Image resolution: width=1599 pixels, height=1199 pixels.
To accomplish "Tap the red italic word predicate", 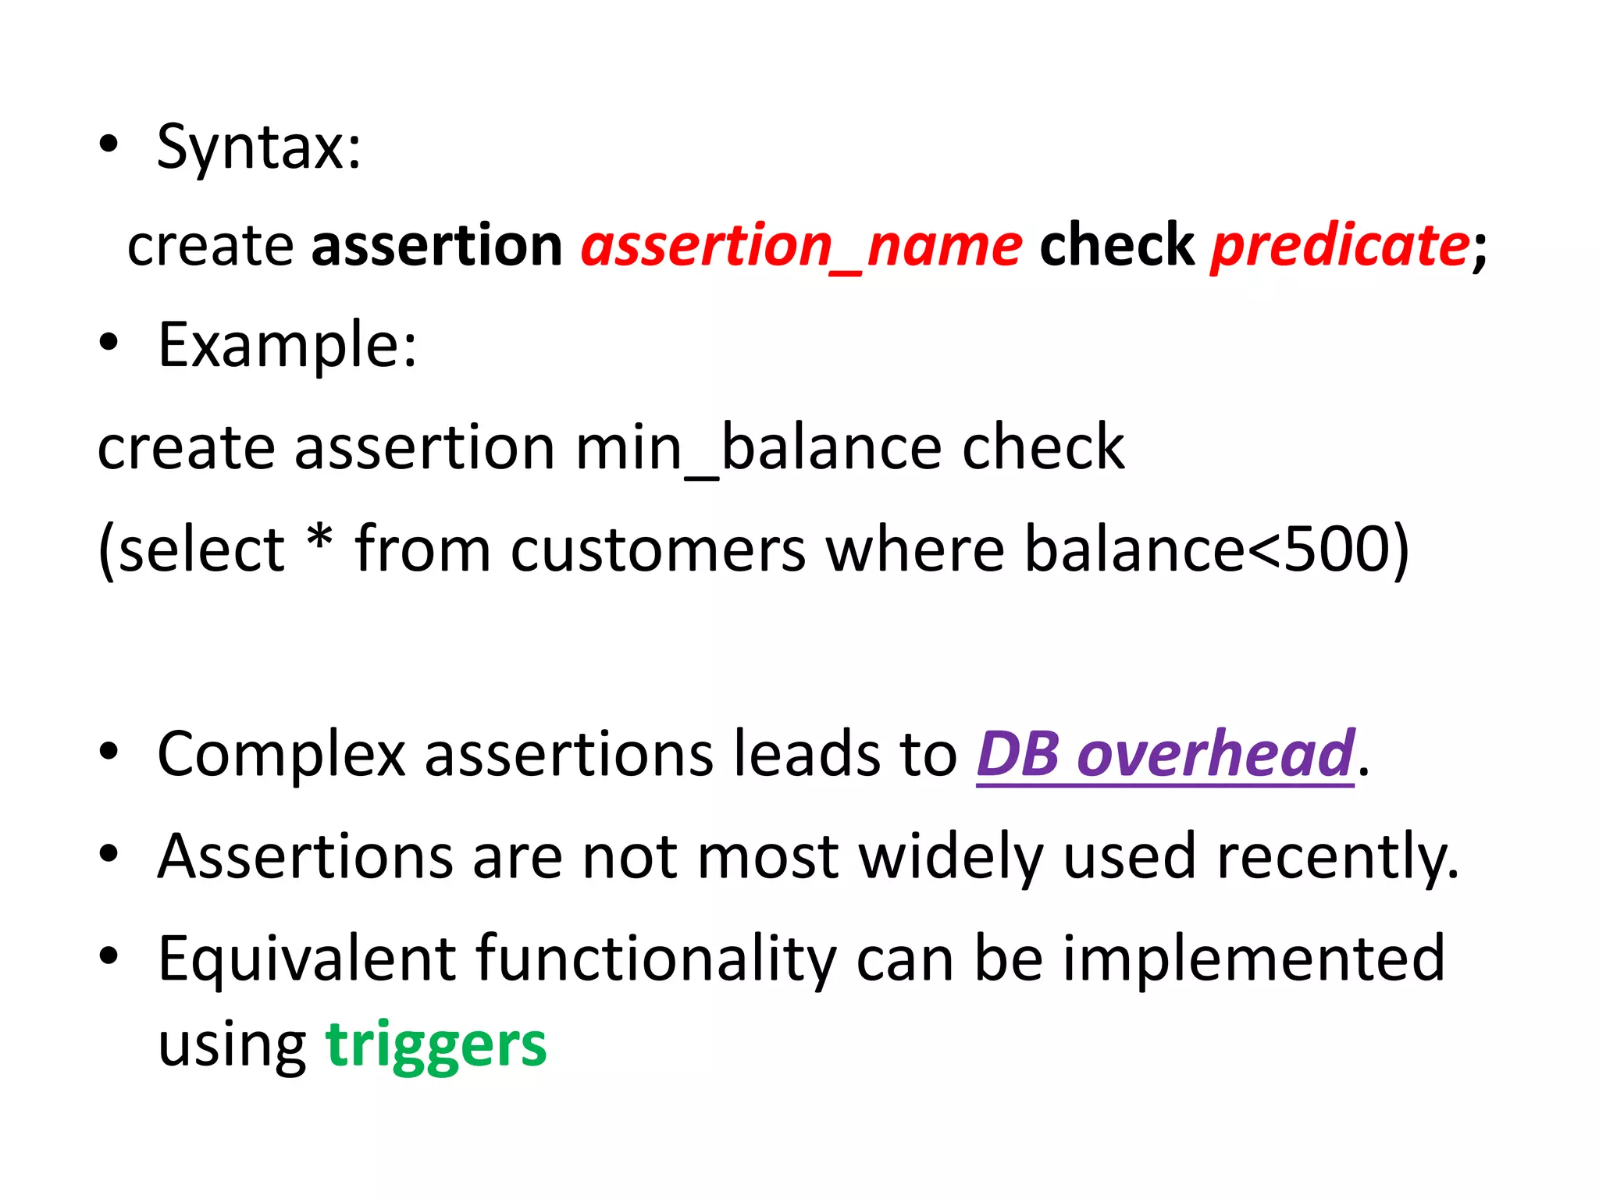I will tap(1340, 246).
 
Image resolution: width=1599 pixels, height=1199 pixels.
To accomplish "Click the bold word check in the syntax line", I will tap(1116, 246).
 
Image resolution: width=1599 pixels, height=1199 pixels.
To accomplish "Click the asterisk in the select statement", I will tap(320, 539).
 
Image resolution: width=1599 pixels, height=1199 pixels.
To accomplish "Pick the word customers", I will tap(657, 550).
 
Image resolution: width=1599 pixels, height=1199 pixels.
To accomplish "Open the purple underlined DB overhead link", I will tap(1165, 754).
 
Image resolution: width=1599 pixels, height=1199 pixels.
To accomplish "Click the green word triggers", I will tap(436, 1044).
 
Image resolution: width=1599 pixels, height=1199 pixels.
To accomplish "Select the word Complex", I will tap(281, 754).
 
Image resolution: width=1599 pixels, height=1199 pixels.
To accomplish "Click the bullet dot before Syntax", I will tap(109, 144).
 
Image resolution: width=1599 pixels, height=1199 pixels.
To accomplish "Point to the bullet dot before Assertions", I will tap(109, 854).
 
